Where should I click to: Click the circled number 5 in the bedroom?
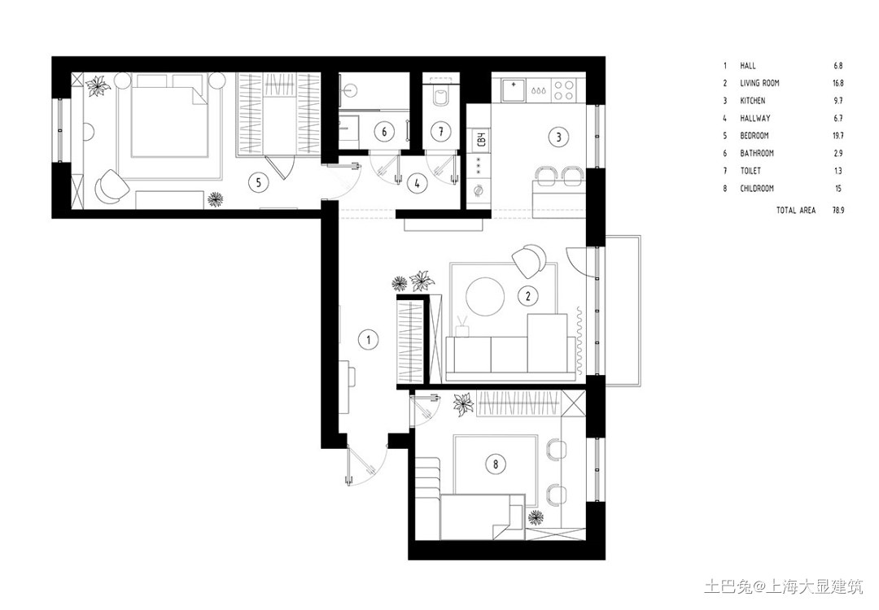[259, 183]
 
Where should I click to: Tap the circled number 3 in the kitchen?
[558, 137]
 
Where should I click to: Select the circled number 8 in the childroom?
[496, 464]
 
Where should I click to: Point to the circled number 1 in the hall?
[369, 339]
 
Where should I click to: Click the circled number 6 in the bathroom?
[384, 133]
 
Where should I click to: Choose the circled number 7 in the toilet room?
[441, 133]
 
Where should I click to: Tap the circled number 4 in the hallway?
[417, 183]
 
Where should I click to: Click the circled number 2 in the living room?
[527, 296]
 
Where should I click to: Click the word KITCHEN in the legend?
[752, 101]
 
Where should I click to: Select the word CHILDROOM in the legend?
[757, 189]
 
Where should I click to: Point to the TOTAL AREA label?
[796, 211]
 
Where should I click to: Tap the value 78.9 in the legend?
[838, 211]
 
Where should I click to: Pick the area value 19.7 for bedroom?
[838, 136]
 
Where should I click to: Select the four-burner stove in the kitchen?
[564, 90]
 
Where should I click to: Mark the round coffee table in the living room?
[485, 296]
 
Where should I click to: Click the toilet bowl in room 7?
[441, 96]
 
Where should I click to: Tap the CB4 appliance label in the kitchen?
[480, 139]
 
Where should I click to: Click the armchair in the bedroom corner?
[111, 185]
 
